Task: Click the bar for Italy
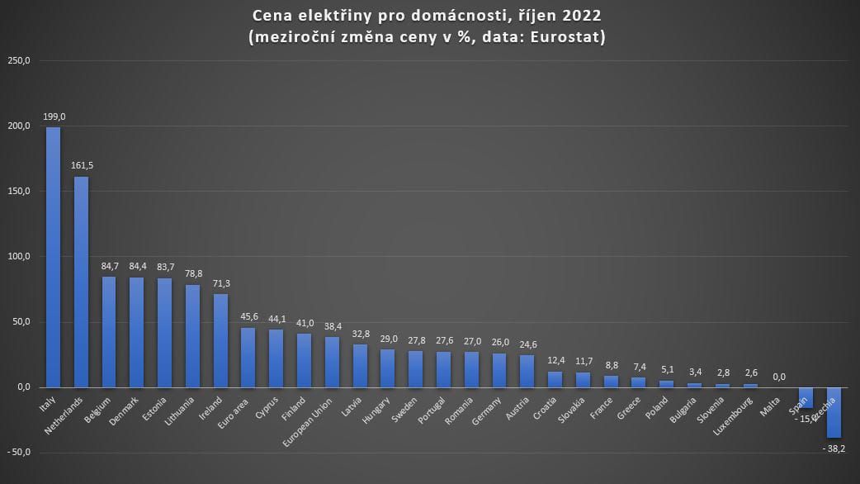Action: pos(53,257)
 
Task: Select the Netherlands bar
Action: pos(81,282)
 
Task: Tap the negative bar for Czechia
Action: pos(834,412)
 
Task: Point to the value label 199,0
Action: pos(53,117)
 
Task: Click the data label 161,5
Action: pos(82,166)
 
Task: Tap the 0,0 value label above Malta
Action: pos(778,377)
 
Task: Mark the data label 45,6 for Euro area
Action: pos(248,317)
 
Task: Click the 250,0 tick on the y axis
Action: pos(18,60)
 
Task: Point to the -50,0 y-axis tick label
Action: pos(18,453)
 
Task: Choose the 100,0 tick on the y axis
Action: pos(18,256)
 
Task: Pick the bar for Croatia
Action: pos(555,379)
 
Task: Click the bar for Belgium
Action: pos(109,331)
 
